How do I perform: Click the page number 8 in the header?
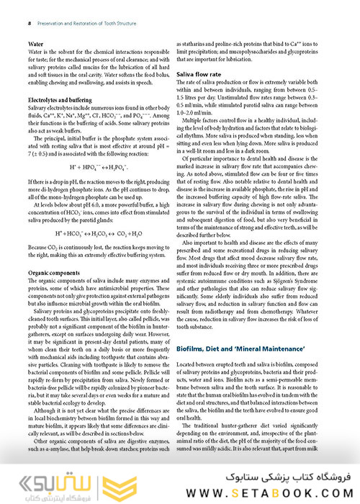(28, 22)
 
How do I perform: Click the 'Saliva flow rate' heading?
(199, 74)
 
